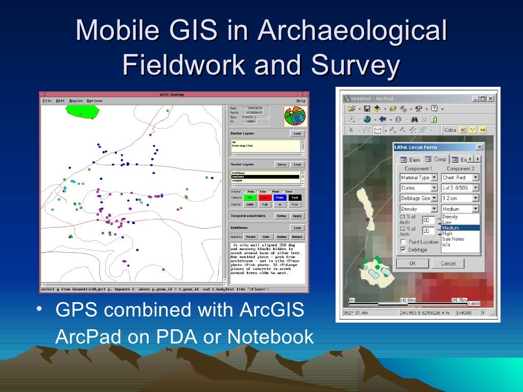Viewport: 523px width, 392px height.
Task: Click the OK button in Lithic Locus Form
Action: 412,263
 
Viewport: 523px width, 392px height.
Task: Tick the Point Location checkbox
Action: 403,242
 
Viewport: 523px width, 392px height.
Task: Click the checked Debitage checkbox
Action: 403,250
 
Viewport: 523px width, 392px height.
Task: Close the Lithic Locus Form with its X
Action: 479,147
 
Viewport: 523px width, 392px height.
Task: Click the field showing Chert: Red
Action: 460,178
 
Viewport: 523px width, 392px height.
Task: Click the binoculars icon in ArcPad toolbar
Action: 415,119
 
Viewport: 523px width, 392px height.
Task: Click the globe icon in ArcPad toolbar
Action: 367,119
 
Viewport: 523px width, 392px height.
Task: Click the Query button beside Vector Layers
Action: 281,165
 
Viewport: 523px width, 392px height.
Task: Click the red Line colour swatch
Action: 265,198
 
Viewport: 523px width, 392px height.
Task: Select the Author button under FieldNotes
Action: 281,237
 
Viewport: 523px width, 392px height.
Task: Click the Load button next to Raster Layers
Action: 297,134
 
